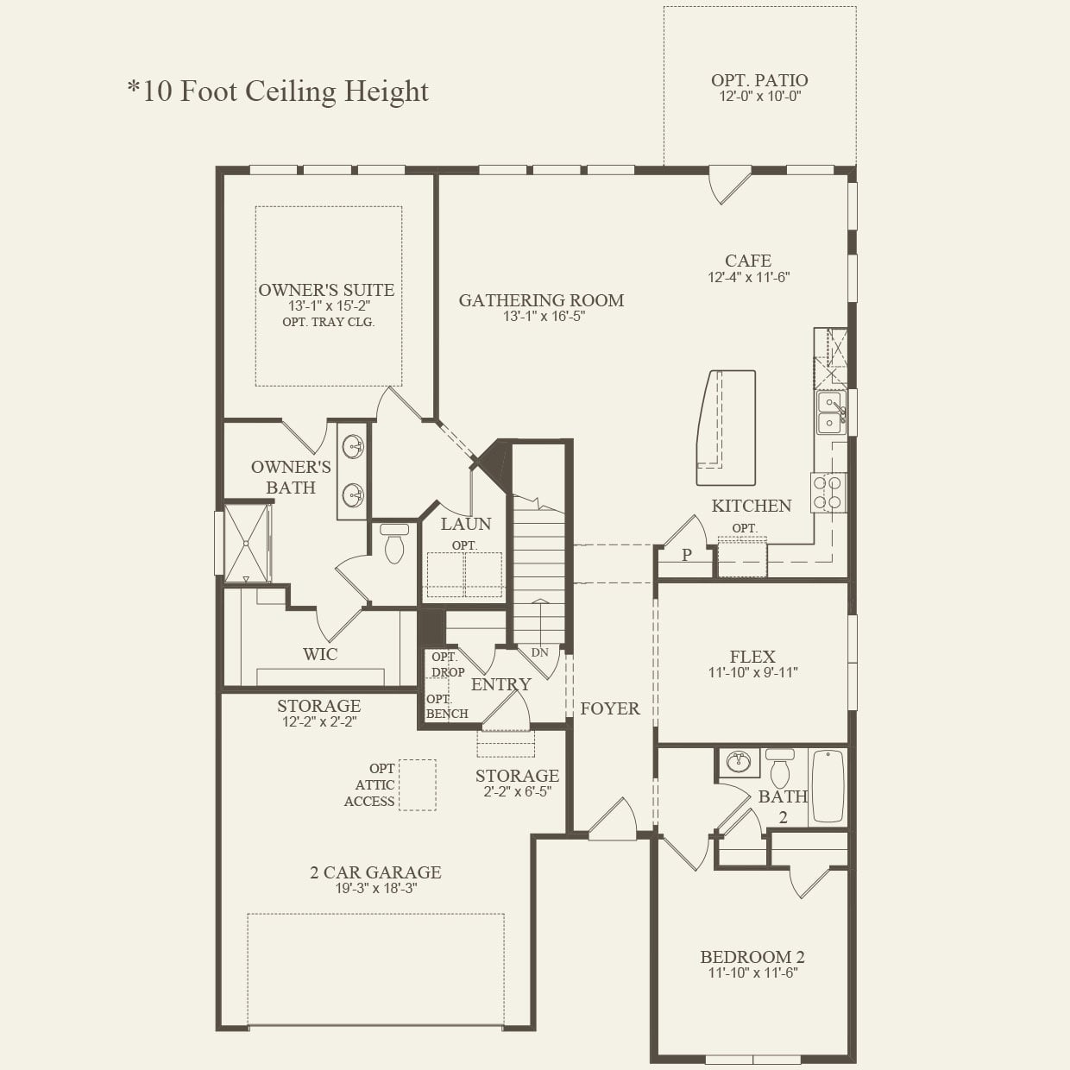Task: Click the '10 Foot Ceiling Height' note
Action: [278, 91]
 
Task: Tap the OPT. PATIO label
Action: [759, 80]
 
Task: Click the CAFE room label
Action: [748, 261]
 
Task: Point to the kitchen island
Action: [726, 428]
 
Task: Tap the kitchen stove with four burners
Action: [828, 493]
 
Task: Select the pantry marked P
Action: [686, 556]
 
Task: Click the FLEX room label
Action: [752, 657]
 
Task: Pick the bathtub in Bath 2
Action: [828, 786]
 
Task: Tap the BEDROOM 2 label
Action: [752, 957]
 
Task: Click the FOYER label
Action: [609, 708]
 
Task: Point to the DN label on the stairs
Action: [539, 652]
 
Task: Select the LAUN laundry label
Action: [465, 524]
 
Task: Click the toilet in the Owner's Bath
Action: [394, 543]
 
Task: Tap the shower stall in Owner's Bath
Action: [246, 544]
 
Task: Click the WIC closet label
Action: [319, 654]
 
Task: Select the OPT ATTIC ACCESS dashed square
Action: [417, 784]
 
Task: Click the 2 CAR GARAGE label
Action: [375, 872]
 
